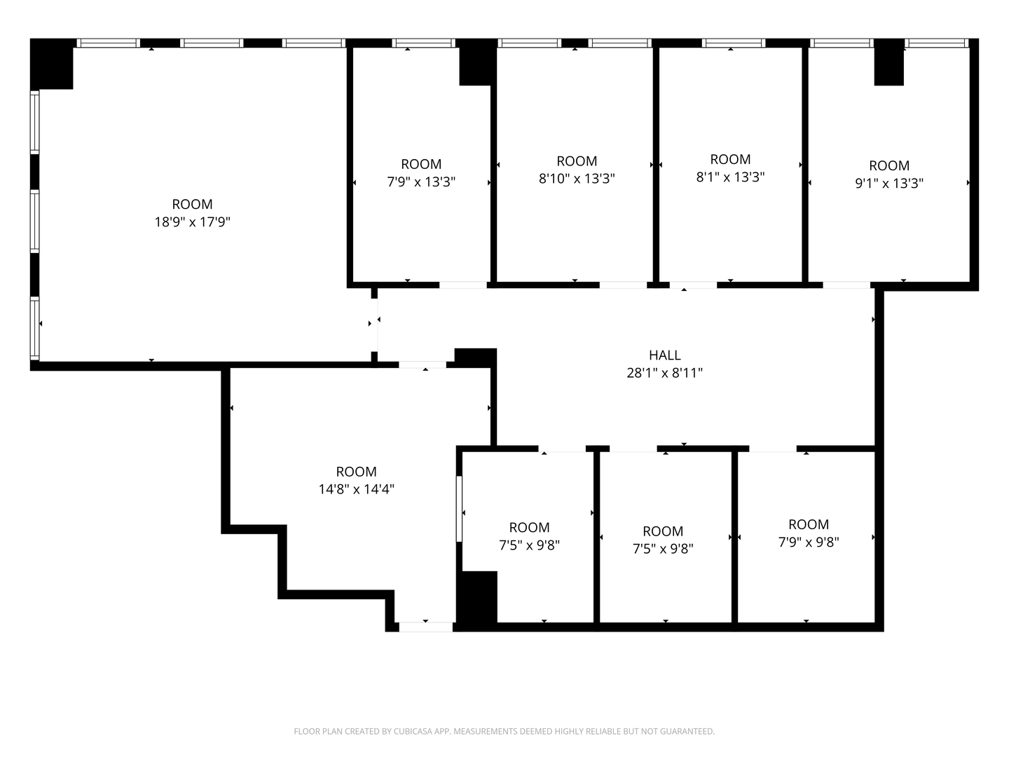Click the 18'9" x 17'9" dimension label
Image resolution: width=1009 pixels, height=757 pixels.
tap(192, 222)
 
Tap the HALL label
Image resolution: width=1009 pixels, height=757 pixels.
tap(664, 355)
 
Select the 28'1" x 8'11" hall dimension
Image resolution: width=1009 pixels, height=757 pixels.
tap(664, 373)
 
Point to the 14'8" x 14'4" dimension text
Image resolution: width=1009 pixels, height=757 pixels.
tap(356, 489)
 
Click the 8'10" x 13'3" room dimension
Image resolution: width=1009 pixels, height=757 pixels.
tap(577, 178)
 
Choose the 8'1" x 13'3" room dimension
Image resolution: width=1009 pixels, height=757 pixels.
tap(730, 177)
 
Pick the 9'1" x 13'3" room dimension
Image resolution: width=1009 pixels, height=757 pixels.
tap(889, 184)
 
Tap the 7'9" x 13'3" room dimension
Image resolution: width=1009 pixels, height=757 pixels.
tap(421, 182)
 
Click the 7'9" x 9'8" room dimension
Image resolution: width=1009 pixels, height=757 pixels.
tap(808, 543)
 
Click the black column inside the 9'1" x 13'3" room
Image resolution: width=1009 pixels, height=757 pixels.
tap(888, 62)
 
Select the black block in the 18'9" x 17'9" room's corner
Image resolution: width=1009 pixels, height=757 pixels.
tap(51, 64)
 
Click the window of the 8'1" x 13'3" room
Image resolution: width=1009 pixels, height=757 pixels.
tap(733, 43)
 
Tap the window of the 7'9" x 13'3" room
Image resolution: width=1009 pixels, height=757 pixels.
tap(423, 43)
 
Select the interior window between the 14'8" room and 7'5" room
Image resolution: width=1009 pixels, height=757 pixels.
tap(459, 509)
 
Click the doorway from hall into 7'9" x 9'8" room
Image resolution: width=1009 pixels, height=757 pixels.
tap(773, 449)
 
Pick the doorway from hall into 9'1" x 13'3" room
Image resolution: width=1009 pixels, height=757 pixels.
tap(846, 285)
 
